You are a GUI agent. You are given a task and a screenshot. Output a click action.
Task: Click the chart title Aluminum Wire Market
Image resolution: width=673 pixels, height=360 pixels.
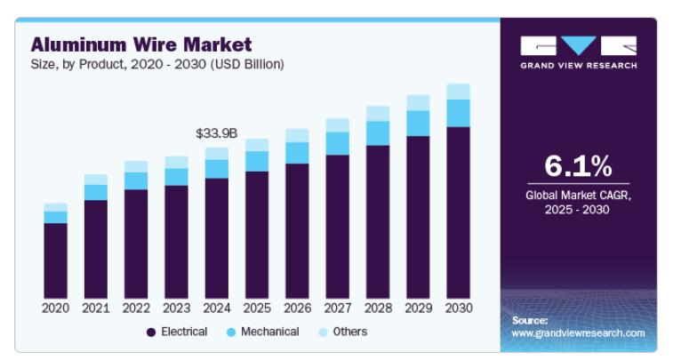tap(141, 44)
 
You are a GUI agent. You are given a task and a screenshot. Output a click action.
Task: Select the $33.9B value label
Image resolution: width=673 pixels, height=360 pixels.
tap(217, 133)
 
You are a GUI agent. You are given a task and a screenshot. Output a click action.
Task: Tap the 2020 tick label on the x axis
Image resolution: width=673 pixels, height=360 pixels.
tap(55, 308)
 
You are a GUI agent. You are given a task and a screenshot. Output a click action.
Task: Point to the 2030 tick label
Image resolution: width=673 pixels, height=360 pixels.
tap(458, 308)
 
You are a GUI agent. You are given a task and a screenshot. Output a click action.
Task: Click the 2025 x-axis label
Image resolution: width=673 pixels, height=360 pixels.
tap(257, 308)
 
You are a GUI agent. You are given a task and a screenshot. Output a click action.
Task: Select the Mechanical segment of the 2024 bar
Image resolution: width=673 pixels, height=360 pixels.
tap(217, 169)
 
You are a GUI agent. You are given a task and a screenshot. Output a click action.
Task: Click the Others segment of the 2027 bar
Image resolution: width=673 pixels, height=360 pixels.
tap(337, 125)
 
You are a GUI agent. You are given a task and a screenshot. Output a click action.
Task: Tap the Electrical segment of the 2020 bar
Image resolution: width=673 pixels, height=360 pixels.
tap(55, 260)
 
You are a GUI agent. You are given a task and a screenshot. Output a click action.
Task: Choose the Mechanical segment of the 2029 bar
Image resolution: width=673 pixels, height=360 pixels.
tap(418, 124)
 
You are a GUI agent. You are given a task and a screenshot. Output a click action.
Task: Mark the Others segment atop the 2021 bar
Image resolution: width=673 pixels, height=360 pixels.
tap(96, 180)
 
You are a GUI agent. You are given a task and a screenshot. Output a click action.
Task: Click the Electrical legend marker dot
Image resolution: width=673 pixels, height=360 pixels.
tap(151, 332)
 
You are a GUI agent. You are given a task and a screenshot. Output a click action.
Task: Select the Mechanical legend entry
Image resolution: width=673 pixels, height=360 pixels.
tap(263, 332)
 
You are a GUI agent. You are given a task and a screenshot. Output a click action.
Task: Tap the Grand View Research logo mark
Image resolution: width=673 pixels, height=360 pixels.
tap(578, 45)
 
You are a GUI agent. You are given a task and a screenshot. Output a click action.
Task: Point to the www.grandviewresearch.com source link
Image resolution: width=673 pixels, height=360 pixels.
tap(578, 332)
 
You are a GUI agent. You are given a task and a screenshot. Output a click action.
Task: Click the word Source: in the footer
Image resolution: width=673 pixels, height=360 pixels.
tap(530, 319)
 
